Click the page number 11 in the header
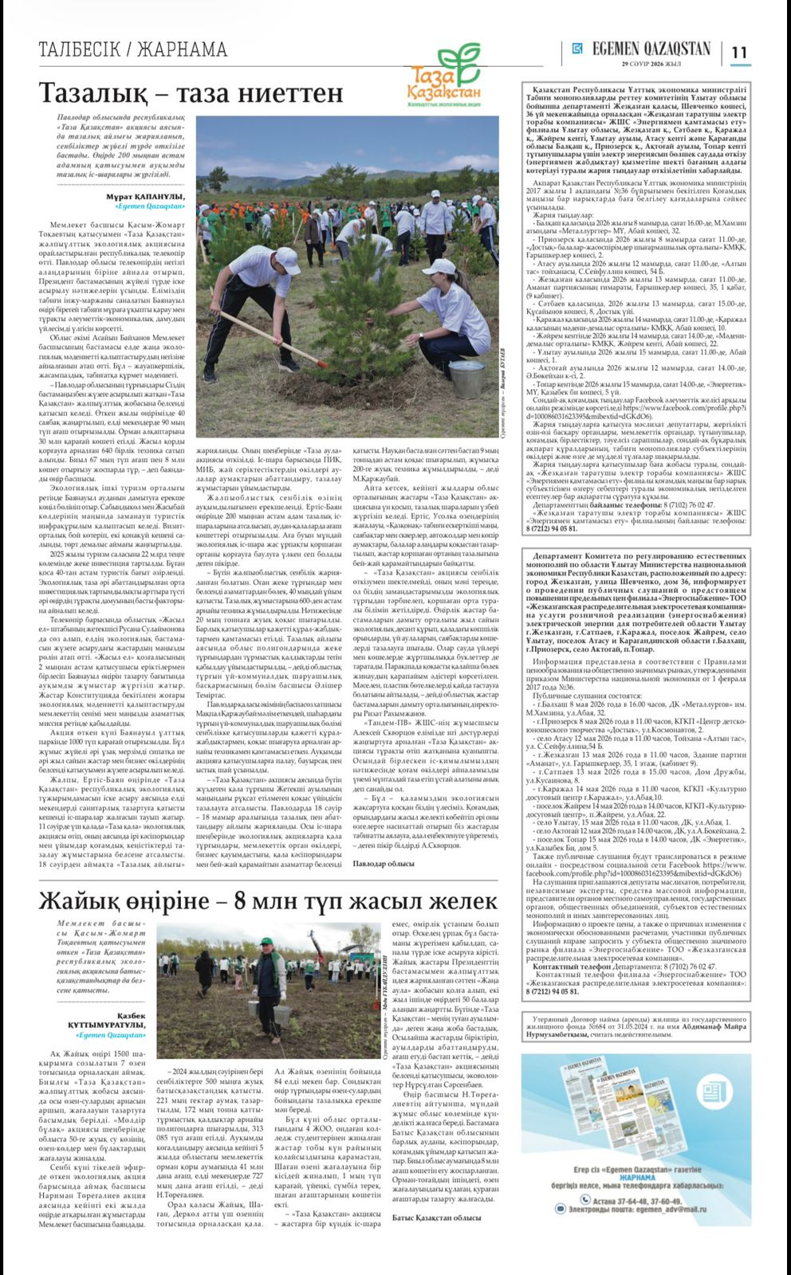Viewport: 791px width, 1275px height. [739, 52]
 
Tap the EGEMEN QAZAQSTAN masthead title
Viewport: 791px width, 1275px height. [651, 49]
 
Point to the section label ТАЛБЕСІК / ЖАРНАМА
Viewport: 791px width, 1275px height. [132, 50]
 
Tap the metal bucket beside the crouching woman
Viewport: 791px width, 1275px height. [464, 374]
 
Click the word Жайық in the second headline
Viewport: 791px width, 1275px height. [81, 901]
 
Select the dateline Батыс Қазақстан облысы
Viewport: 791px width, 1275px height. [437, 1218]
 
